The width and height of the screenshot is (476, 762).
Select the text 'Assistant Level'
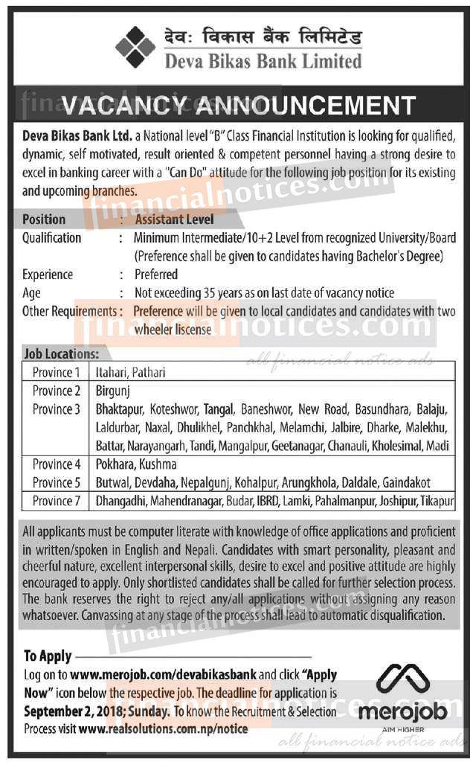click(174, 220)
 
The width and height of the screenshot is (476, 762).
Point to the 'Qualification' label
click(51, 238)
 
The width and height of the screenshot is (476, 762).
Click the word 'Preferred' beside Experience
click(156, 275)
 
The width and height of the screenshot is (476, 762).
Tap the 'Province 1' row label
click(56, 372)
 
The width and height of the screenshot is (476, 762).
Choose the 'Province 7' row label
click(56, 501)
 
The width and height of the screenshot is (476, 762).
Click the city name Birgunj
click(113, 391)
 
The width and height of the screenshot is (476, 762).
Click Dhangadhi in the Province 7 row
click(121, 501)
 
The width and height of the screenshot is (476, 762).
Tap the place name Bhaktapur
click(121, 409)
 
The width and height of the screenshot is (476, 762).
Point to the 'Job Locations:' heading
click(61, 354)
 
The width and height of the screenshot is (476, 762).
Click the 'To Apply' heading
click(48, 656)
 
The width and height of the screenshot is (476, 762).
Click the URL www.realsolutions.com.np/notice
click(173, 729)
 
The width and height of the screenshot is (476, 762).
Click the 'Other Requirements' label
click(68, 311)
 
